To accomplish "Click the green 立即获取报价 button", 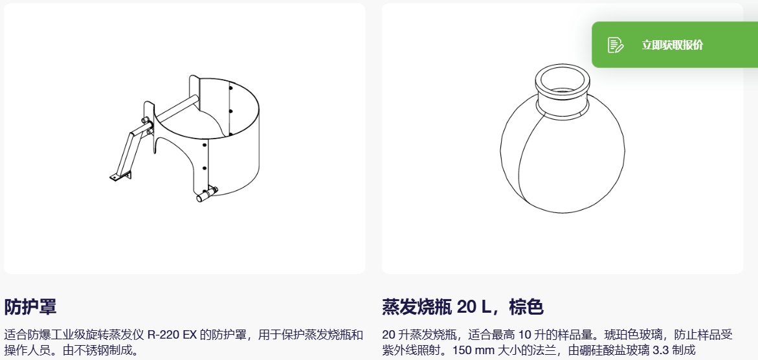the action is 675,45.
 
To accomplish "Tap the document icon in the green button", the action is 616,45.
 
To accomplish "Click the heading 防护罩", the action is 30,307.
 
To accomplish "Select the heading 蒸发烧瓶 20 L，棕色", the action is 463,307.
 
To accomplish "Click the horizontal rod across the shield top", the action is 177,107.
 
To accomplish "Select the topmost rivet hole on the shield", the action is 230,88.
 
